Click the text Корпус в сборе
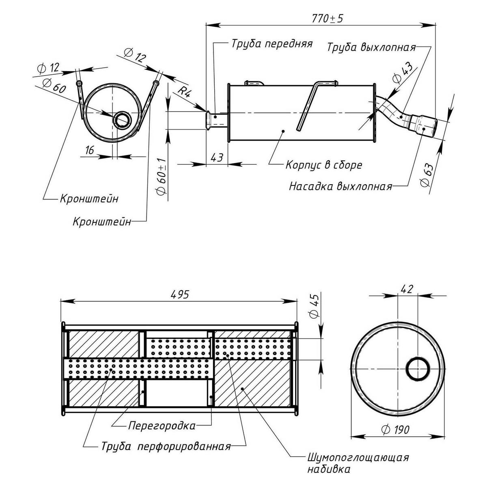pos(323,165)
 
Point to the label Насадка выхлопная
pos(340,186)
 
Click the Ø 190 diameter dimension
pos(396,429)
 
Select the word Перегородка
pos(162,426)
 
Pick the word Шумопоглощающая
pos(357,458)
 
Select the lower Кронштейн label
pos(102,222)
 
